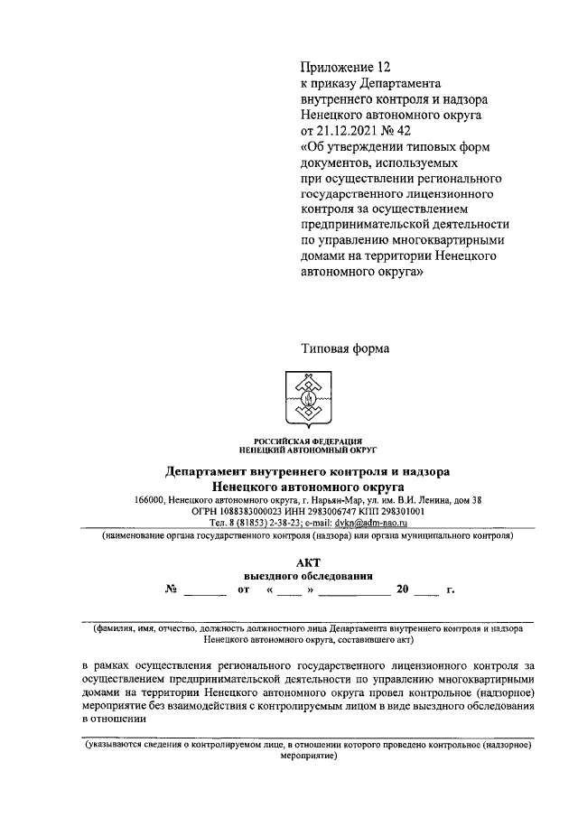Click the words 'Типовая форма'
[x=345, y=347]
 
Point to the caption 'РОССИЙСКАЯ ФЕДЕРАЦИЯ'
[x=308, y=440]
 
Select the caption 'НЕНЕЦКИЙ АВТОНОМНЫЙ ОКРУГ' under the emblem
[x=308, y=449]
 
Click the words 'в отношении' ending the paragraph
[x=113, y=720]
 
